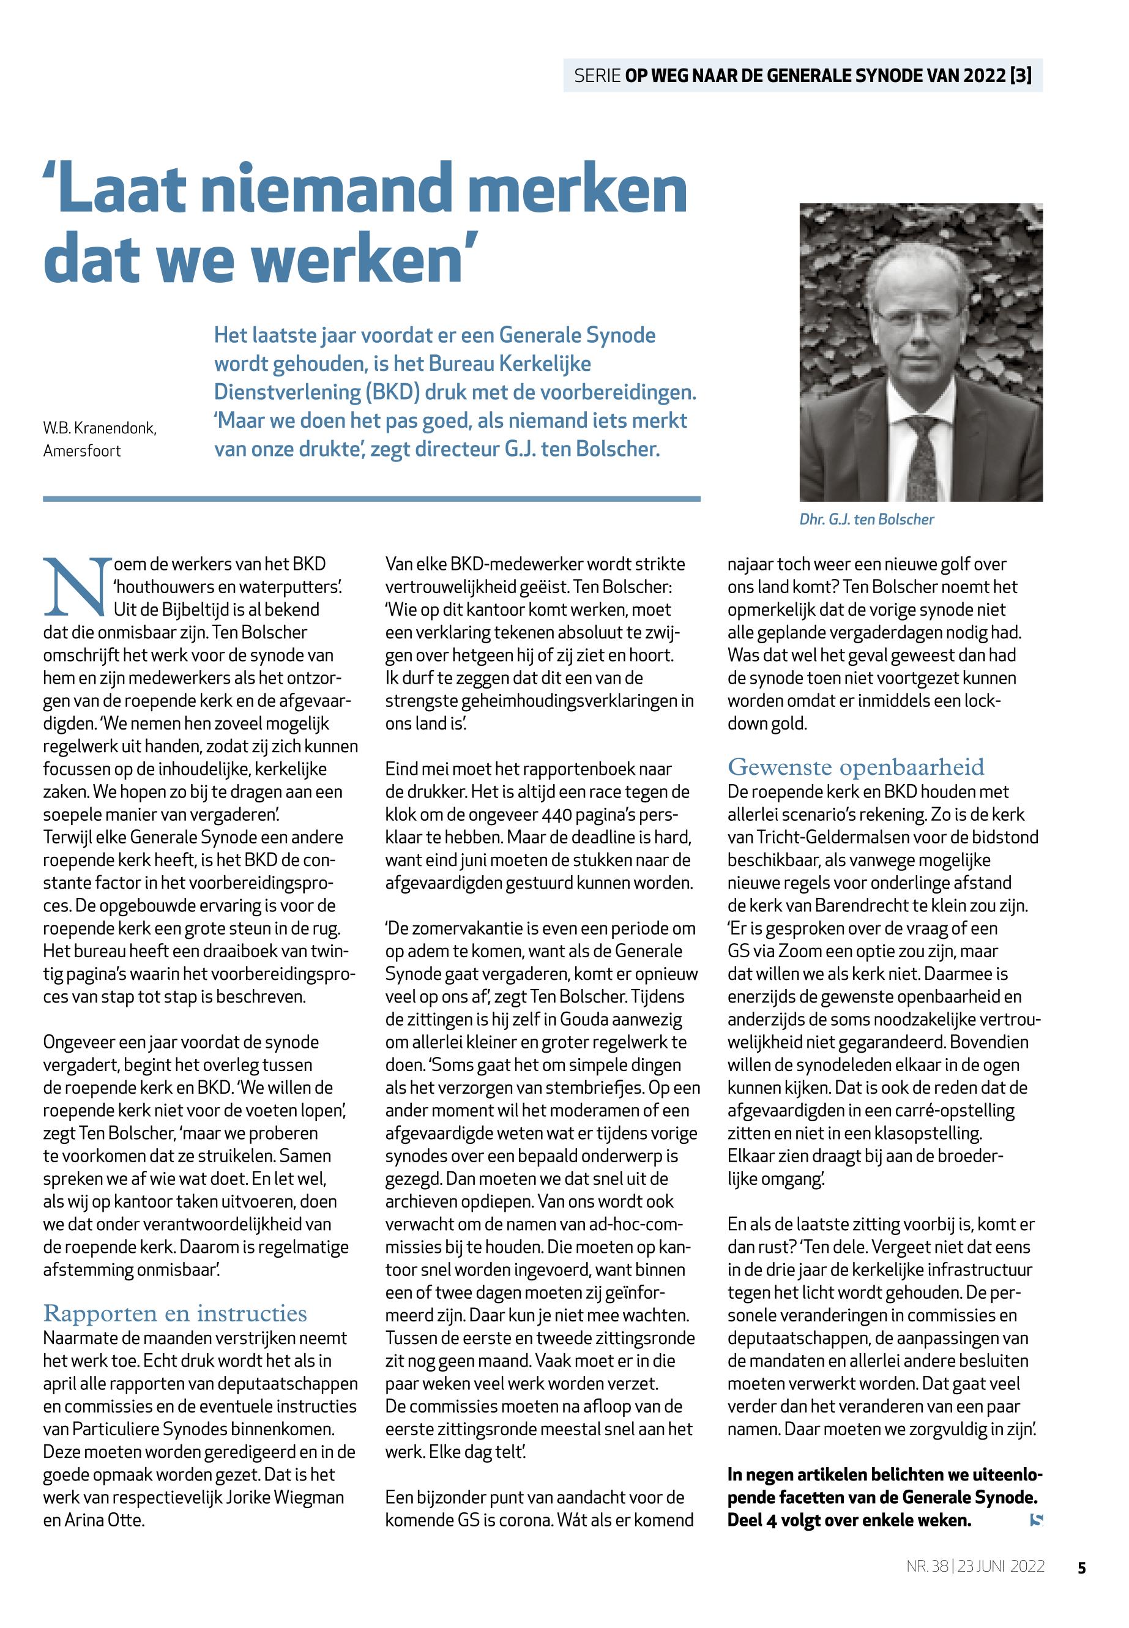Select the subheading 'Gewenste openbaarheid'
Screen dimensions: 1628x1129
point(856,767)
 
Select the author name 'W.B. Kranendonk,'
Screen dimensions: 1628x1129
point(100,428)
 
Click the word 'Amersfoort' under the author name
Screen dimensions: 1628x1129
point(82,450)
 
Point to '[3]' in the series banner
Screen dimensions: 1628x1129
point(1021,76)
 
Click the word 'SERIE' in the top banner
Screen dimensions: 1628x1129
point(597,76)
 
